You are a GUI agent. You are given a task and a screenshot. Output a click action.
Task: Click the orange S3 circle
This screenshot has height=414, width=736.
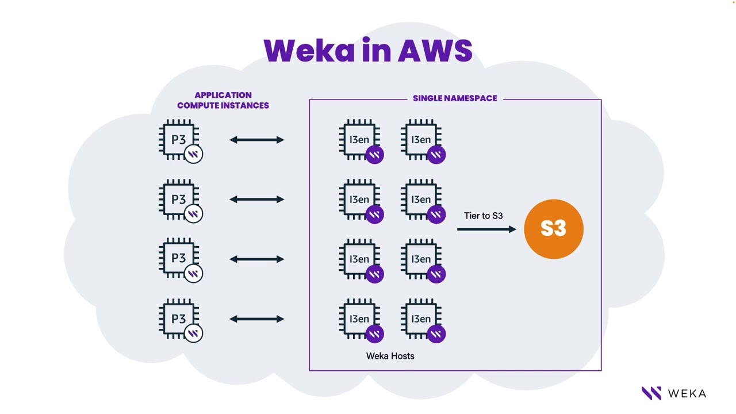553,229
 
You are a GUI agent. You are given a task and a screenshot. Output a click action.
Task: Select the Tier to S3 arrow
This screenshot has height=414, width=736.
486,229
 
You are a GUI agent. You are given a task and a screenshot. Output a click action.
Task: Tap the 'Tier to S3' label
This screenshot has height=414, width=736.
483,216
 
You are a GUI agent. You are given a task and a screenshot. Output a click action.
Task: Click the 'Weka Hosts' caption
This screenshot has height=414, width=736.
390,356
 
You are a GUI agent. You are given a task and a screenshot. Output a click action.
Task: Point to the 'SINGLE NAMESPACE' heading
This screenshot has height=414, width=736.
455,98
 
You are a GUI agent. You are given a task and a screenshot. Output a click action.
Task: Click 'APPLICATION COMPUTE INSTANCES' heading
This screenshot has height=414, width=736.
223,100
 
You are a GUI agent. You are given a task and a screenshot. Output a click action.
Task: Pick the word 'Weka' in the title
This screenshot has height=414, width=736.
309,51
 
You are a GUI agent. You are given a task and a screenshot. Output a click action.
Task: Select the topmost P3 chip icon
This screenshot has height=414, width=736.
179,139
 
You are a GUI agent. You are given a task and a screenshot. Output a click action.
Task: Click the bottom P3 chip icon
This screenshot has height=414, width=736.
179,319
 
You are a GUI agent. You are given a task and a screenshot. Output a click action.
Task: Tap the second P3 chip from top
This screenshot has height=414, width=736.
179,199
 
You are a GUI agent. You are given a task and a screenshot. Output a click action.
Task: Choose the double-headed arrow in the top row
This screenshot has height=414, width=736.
256,140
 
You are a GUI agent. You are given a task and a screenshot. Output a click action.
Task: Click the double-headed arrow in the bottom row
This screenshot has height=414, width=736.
256,319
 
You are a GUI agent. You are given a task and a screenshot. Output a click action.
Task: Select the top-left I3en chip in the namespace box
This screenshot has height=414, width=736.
359,139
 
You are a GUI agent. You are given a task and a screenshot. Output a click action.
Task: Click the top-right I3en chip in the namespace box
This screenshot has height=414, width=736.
421,139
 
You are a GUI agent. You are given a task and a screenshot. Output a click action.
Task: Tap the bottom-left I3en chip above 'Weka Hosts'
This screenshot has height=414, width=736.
359,319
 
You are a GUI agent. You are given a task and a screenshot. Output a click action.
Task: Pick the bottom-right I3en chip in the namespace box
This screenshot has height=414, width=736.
421,319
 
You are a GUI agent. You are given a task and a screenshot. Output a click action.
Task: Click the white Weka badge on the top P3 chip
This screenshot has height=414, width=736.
194,154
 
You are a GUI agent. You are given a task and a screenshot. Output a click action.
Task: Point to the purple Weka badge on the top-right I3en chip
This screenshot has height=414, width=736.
436,154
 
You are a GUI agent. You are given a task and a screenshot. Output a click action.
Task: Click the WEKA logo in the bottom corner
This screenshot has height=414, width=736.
674,393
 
